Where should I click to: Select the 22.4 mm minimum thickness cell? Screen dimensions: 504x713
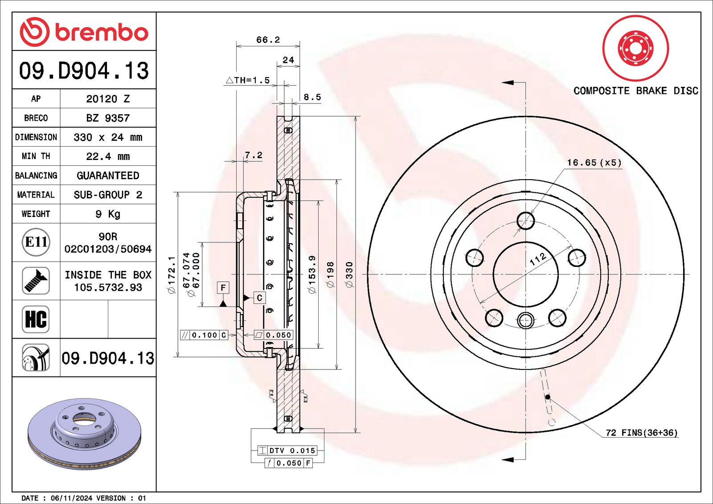click(x=108, y=156)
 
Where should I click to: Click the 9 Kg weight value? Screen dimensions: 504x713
click(x=108, y=214)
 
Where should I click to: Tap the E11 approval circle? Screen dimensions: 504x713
click(x=36, y=242)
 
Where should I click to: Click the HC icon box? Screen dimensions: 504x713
click(x=36, y=319)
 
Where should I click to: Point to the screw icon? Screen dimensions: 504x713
click(x=36, y=280)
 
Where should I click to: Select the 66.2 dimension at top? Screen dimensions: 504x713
click(x=268, y=40)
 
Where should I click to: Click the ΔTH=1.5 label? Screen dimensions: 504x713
click(x=248, y=80)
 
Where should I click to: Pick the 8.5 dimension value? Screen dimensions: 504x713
click(x=312, y=97)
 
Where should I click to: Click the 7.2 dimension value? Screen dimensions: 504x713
click(x=254, y=155)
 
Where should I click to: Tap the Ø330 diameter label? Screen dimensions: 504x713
click(x=349, y=275)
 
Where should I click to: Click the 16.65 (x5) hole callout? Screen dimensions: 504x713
click(x=594, y=163)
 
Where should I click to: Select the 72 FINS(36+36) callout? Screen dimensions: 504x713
click(x=641, y=433)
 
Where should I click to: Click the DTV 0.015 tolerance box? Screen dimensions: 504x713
click(x=291, y=451)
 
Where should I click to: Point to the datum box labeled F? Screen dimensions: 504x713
click(x=223, y=287)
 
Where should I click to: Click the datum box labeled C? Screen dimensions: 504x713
click(x=259, y=298)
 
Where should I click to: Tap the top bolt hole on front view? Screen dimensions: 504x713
click(x=525, y=221)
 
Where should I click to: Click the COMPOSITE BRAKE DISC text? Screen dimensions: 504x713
click(x=635, y=91)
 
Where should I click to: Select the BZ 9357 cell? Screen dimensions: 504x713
click(x=108, y=118)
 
